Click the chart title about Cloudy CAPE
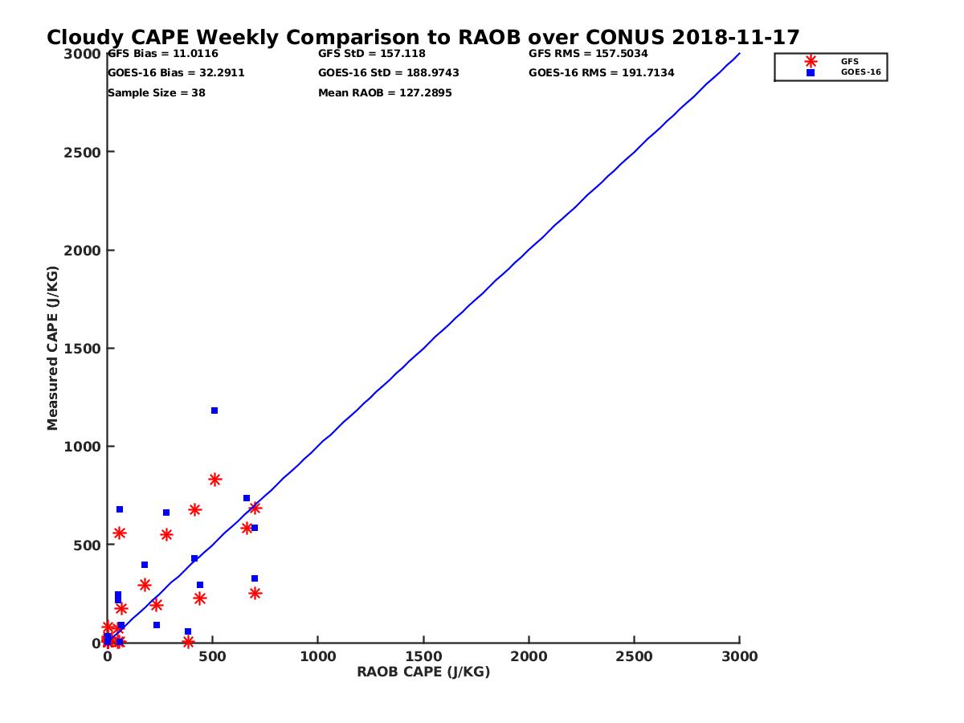coord(423,38)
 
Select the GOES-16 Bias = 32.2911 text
coord(176,73)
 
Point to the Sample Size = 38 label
coord(156,93)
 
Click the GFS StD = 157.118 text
coord(371,54)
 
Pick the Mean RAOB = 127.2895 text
coord(385,93)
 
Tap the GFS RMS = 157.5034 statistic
coord(588,54)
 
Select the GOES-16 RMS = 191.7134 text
coord(601,73)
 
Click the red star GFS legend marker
coord(811,61)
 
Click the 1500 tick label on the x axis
coord(423,656)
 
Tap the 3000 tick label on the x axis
coord(739,656)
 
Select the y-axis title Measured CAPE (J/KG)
coord(53,348)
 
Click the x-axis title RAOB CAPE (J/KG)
coord(423,672)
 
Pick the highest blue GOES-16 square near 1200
coord(214,411)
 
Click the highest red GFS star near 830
coord(214,480)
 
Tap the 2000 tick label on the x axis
coord(529,656)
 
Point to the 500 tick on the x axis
coord(212,656)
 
